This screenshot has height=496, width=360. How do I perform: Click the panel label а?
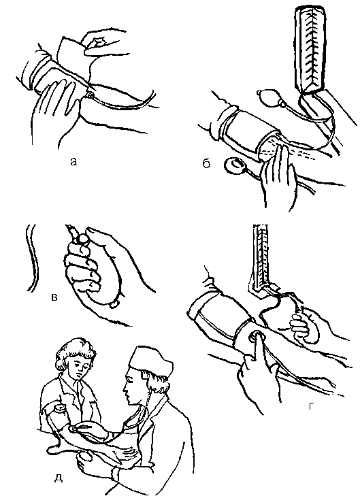point(73,162)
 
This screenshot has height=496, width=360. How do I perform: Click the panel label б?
point(206,163)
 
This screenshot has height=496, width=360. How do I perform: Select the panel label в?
point(54,297)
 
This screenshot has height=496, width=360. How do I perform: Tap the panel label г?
point(311,406)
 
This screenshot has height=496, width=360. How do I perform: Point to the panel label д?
point(59,478)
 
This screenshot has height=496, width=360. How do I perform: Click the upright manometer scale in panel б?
point(310,49)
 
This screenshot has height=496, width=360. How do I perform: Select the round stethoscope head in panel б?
point(234,165)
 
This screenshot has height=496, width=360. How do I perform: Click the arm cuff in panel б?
point(250,132)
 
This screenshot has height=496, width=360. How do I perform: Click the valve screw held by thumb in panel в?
point(83,239)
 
